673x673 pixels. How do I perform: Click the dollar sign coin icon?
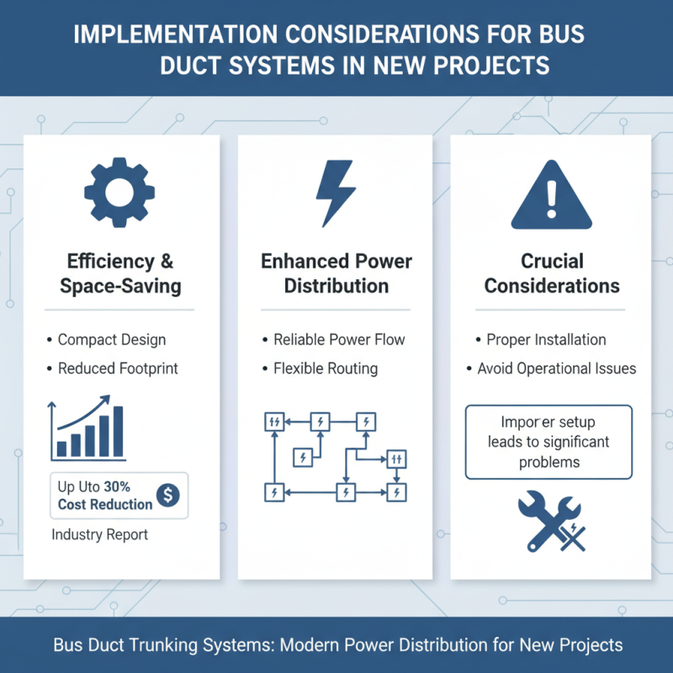(167, 496)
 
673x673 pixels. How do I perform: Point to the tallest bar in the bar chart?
(118, 432)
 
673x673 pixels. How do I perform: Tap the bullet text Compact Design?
(111, 340)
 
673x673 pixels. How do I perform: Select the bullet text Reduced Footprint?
(118, 368)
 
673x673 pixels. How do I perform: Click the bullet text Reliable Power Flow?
(339, 340)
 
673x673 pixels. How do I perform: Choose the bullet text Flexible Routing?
(326, 368)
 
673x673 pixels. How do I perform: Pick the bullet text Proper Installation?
(546, 340)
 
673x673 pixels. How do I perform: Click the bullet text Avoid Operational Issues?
(557, 368)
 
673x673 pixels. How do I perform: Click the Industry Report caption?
(99, 534)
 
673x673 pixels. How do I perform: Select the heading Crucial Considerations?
(552, 273)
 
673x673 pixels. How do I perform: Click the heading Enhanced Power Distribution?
(336, 273)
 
